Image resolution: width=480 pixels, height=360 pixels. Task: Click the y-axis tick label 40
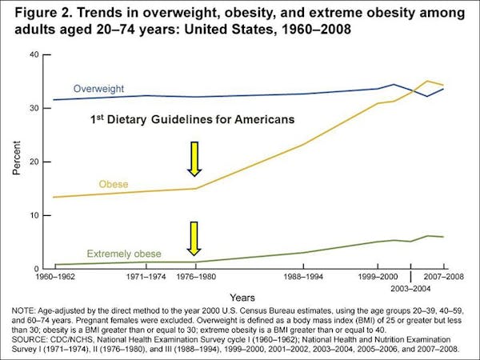click(x=34, y=54)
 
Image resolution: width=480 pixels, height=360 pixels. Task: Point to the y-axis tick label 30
click(x=34, y=108)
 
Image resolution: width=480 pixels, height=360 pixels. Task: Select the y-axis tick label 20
click(x=34, y=162)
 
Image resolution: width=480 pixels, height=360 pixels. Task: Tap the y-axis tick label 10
click(x=34, y=215)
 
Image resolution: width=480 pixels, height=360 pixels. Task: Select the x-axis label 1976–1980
click(x=195, y=276)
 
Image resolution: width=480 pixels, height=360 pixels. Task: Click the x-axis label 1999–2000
click(x=378, y=276)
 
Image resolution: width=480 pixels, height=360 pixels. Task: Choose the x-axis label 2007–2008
click(x=445, y=276)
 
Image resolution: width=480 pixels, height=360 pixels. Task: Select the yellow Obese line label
click(x=113, y=184)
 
